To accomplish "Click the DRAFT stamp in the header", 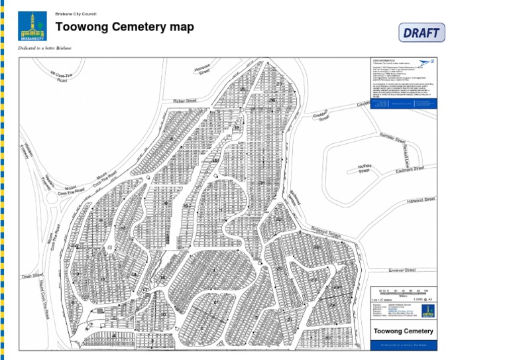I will (422, 32).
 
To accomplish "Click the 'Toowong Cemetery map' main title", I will (125, 27).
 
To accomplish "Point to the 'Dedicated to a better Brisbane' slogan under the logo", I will (45, 48).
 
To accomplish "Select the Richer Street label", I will (185, 101).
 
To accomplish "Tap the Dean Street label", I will (32, 275).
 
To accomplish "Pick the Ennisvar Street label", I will (402, 270).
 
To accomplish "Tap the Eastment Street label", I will (409, 169).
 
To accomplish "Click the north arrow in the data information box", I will (427, 62).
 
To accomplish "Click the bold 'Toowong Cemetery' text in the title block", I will (404, 331).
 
